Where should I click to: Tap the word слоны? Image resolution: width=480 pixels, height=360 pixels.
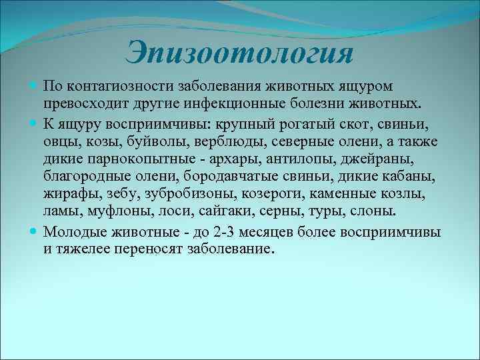(374, 212)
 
